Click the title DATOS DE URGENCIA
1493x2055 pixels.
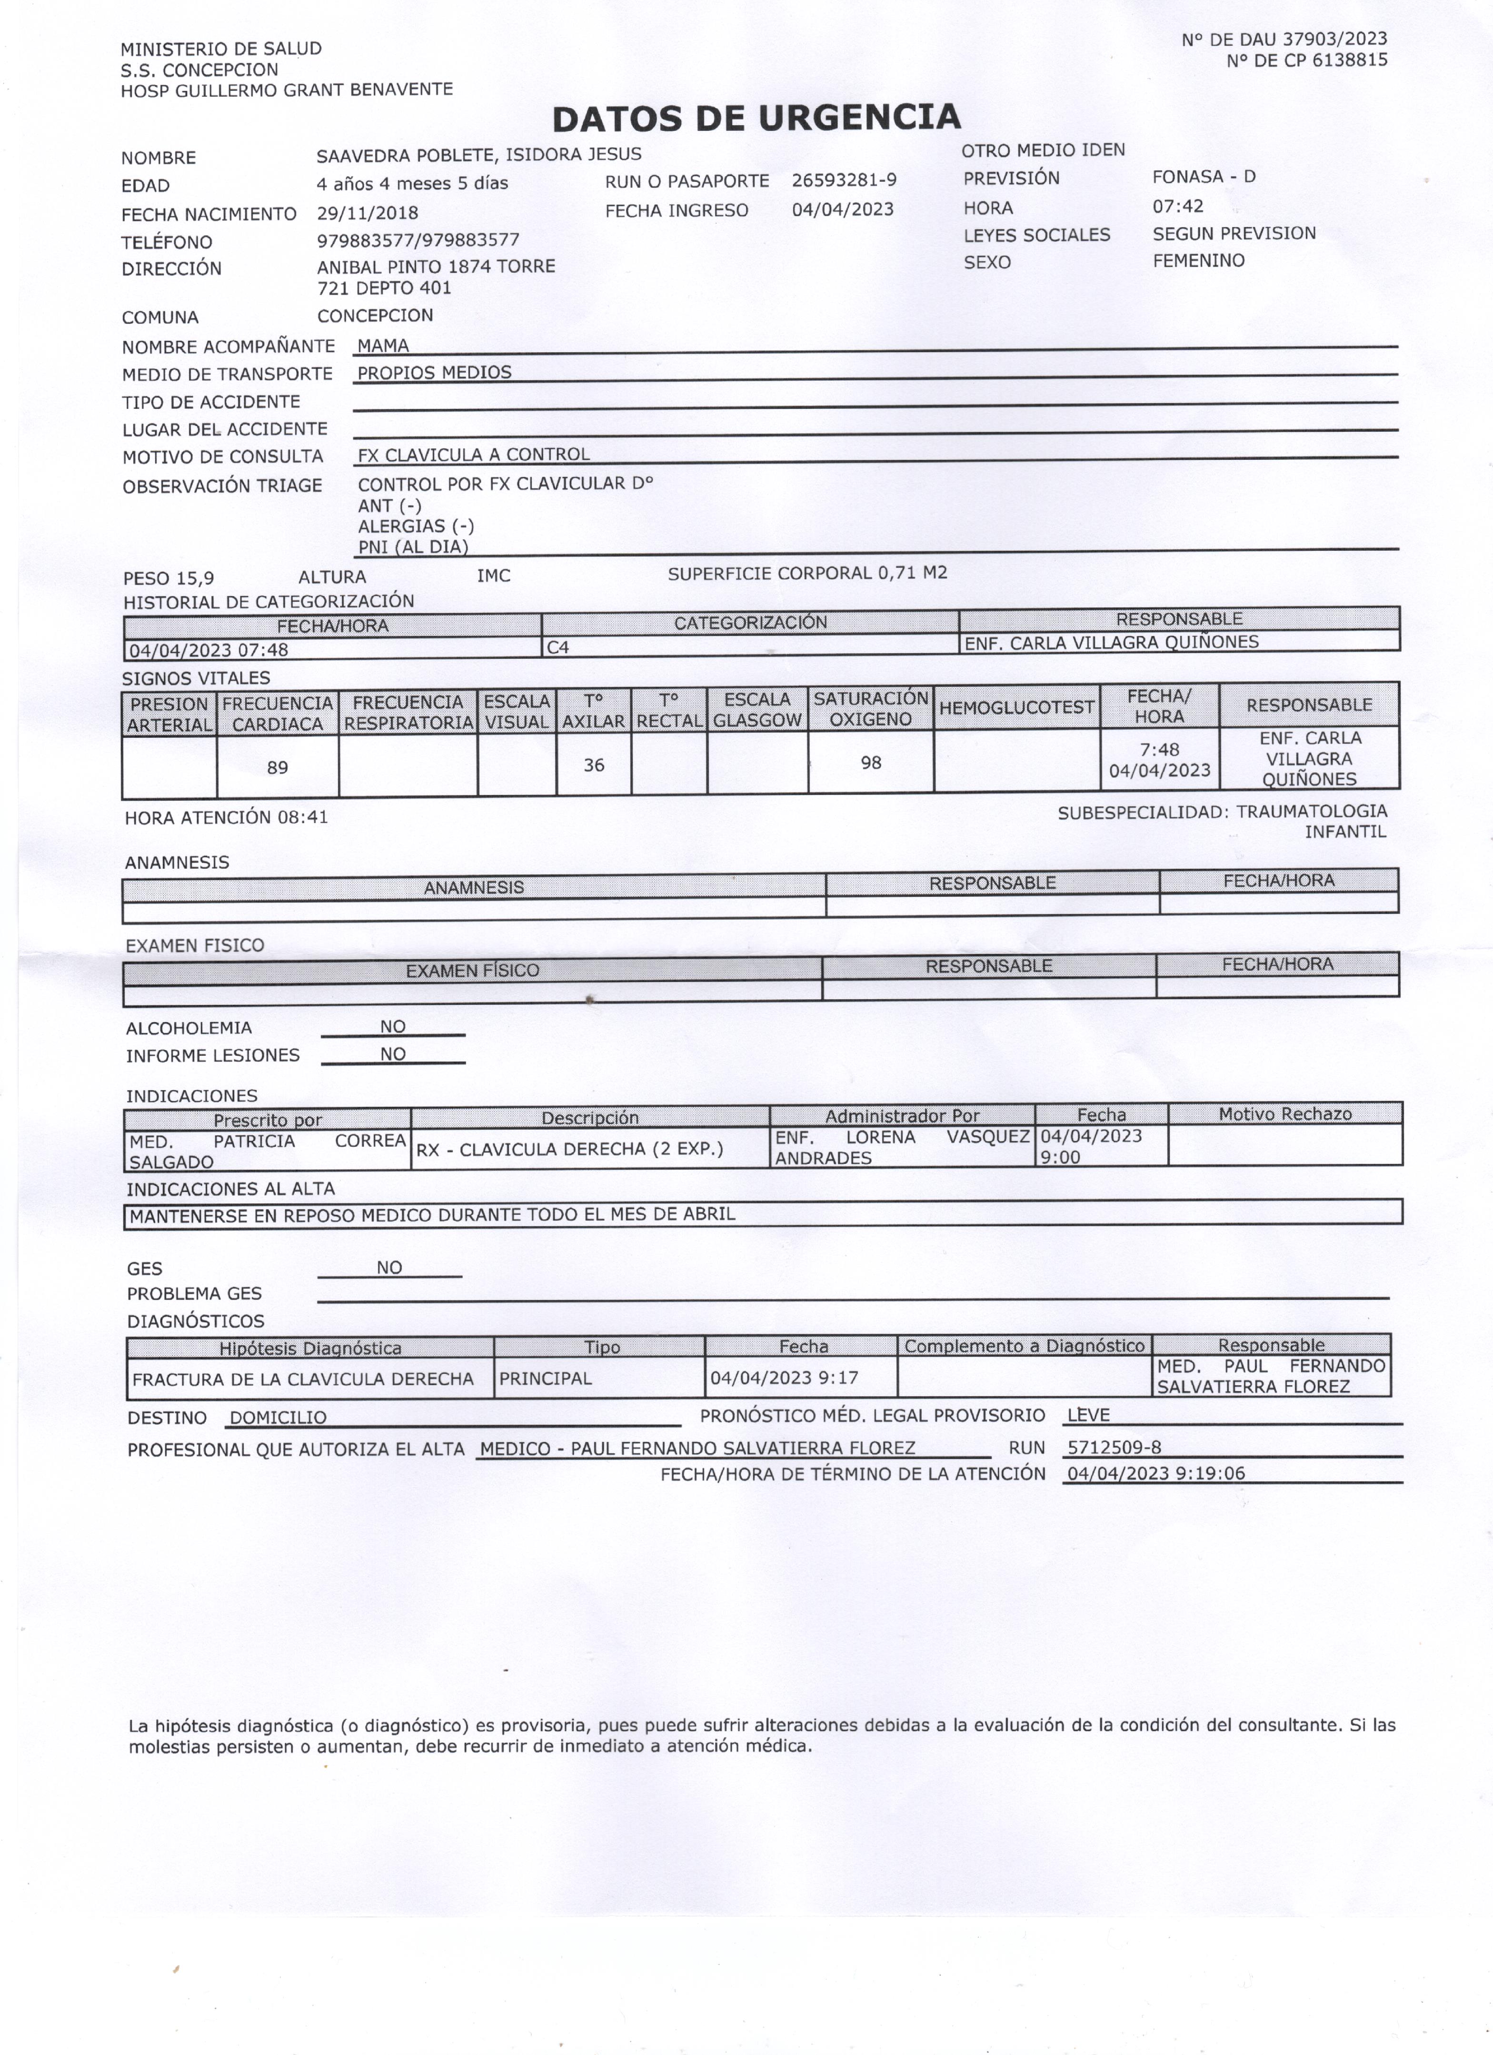(x=756, y=118)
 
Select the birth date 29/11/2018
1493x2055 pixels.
(x=367, y=213)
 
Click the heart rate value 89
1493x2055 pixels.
(x=277, y=767)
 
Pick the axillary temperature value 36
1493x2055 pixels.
(x=593, y=765)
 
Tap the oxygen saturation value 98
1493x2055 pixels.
(x=871, y=762)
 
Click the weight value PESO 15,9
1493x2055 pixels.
(x=169, y=578)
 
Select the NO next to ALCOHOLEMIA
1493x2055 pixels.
(x=392, y=1027)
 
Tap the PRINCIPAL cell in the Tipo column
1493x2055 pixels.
(x=546, y=1378)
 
